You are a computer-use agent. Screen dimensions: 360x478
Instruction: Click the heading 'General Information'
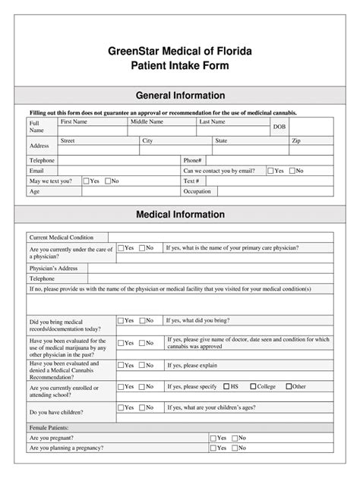[180, 96]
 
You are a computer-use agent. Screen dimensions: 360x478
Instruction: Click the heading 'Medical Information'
[180, 215]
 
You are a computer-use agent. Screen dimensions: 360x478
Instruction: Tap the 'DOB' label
[279, 127]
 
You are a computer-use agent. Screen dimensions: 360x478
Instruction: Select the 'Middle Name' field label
[147, 121]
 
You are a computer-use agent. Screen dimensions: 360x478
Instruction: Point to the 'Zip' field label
[296, 141]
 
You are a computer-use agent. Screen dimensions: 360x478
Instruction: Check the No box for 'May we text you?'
[108, 181]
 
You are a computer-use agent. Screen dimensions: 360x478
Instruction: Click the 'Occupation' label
[197, 192]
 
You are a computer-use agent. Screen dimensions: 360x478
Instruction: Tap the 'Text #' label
[191, 181]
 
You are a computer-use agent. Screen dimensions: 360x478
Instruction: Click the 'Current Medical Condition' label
[62, 237]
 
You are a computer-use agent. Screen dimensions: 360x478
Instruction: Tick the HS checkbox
[226, 386]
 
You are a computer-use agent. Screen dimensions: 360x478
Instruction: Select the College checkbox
[252, 386]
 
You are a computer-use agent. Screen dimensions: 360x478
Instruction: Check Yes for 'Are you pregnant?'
[213, 438]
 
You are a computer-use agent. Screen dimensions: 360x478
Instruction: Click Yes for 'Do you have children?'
[121, 407]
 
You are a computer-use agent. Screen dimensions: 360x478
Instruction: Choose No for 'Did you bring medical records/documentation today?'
[141, 321]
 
